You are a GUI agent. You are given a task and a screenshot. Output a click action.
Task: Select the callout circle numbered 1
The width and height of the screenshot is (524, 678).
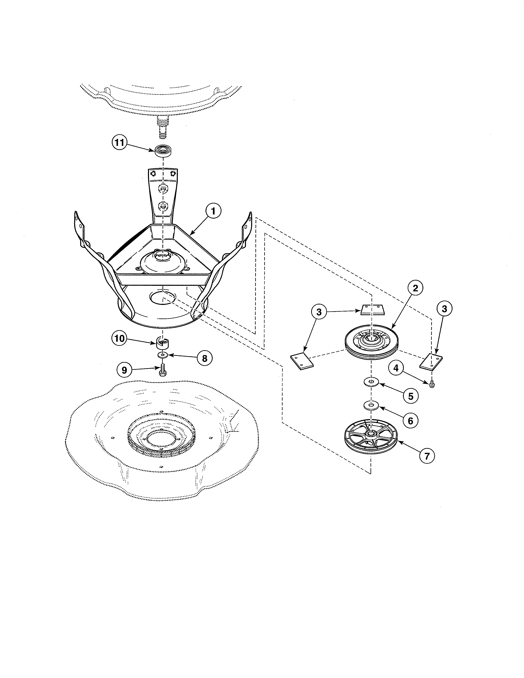point(213,211)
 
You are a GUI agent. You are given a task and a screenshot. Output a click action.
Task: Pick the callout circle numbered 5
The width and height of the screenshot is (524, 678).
point(410,396)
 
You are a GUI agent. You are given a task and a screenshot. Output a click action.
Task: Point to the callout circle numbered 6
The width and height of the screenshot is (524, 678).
point(410,421)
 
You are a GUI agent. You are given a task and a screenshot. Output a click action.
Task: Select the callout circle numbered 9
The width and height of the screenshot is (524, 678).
point(124,370)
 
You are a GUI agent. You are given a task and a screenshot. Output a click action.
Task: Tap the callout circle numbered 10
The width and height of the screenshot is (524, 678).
point(119,338)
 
